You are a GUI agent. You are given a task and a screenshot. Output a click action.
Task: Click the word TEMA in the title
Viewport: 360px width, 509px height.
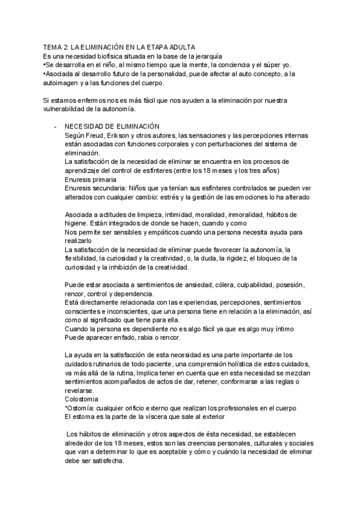(54, 47)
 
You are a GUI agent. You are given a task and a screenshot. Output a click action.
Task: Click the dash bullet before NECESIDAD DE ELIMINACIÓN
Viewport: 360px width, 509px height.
(56, 127)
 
